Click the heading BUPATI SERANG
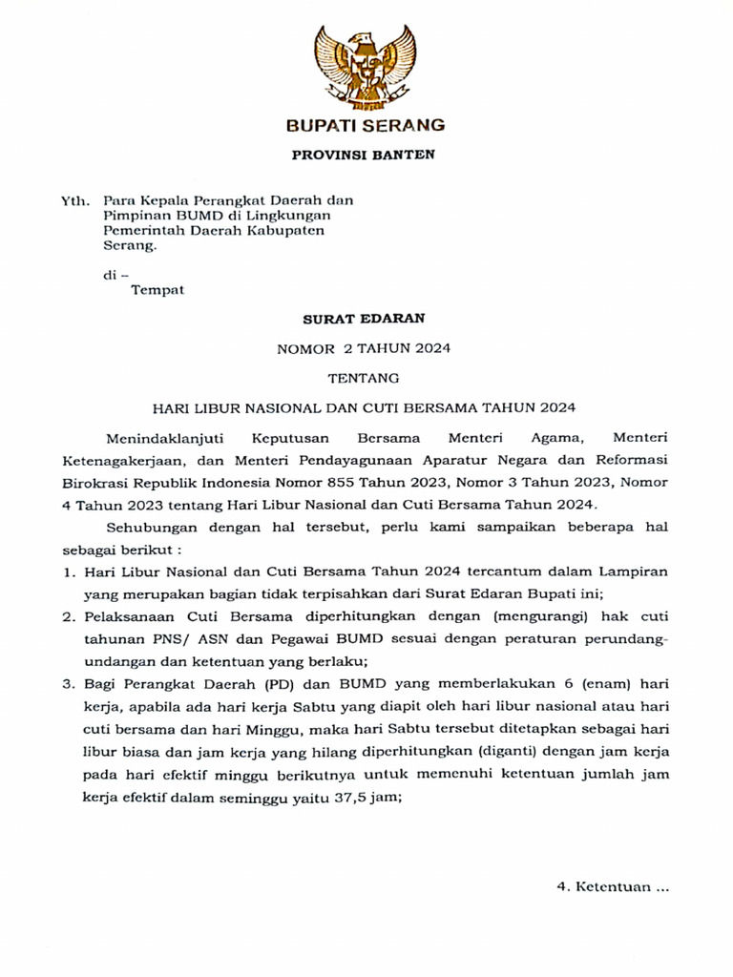(x=366, y=125)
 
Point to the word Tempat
(x=157, y=290)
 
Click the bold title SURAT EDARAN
(x=364, y=319)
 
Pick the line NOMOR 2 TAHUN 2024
(x=364, y=348)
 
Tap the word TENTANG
(x=364, y=378)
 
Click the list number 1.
(x=68, y=572)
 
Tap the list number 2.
(x=68, y=616)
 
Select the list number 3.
(x=68, y=684)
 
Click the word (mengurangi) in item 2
(x=535, y=616)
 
